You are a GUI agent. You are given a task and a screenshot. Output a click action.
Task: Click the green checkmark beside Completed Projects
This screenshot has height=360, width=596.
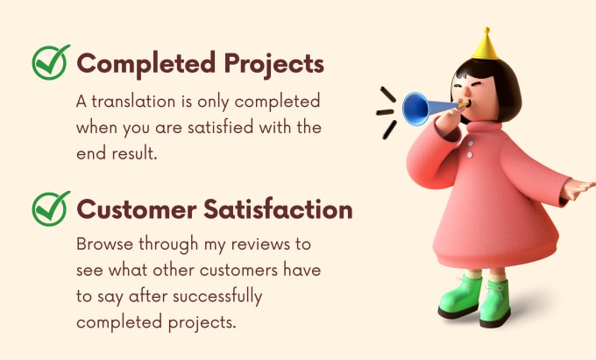point(51,62)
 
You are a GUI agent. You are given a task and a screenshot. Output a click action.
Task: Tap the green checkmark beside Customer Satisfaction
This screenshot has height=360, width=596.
point(51,208)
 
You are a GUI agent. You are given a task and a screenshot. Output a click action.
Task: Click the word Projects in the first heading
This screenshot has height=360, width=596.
point(274,64)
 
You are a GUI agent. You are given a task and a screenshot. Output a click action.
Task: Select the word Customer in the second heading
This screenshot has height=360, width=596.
point(137,209)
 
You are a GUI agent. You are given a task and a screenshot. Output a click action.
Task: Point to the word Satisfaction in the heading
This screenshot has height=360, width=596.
point(278,209)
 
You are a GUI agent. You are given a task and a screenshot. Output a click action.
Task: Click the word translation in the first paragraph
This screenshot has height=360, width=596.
point(133,102)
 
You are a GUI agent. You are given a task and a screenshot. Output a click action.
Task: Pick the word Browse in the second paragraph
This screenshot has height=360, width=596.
point(105,244)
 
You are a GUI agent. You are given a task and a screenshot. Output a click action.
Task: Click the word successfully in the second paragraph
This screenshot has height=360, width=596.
point(217,297)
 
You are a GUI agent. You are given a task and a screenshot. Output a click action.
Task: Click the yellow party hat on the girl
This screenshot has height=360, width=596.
point(486,44)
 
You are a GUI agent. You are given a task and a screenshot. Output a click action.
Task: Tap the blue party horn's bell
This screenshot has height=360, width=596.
point(415,109)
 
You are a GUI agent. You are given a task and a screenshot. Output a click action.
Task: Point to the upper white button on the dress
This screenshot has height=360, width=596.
point(471,144)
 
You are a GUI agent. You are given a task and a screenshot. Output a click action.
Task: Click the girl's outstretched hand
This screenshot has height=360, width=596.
point(578,188)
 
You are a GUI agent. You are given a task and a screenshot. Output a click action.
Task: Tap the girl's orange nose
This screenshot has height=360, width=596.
point(466,91)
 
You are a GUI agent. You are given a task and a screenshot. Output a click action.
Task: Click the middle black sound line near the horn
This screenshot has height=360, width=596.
point(385,112)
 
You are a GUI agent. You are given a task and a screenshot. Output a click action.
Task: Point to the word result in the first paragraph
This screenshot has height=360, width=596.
point(134,153)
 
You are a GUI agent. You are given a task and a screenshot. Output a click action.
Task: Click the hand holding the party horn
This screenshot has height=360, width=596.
point(449,121)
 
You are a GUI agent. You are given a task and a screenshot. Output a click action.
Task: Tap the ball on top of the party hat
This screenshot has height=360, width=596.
point(486,30)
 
